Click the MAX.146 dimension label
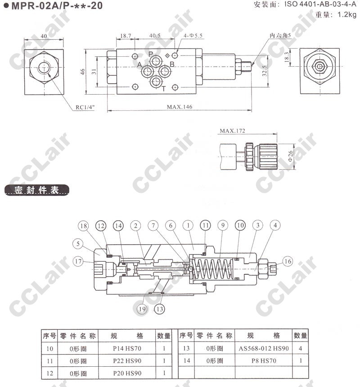pos(180,107)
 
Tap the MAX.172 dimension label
pos(232,131)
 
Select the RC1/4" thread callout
pos(85,107)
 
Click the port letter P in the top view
pos(151,54)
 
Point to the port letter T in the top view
pos(164,88)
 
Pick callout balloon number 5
pos(79,244)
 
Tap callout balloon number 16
pos(288,261)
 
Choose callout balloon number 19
pos(143,309)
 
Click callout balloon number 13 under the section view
pos(159,309)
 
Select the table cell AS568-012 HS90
pos(264,348)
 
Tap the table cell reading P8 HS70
pos(264,360)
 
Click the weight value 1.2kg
pos(347,14)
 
